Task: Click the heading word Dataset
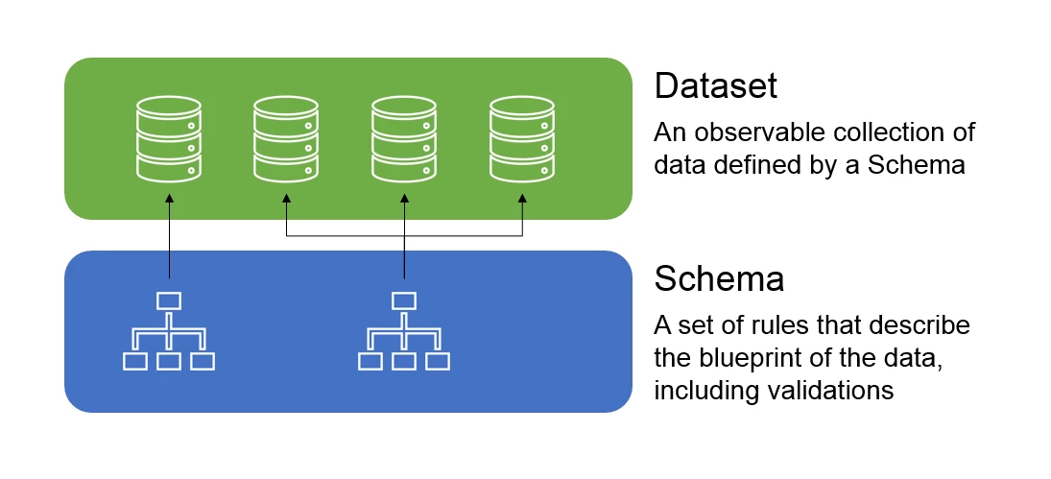tap(715, 86)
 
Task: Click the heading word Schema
tap(719, 279)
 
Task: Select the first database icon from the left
tap(169, 138)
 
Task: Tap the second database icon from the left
tap(286, 138)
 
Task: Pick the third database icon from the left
tap(404, 138)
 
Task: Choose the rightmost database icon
tap(522, 138)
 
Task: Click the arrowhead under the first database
tap(169, 200)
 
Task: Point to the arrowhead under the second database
tap(286, 200)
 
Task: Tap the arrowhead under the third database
tap(404, 200)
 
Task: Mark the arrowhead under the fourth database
tap(522, 200)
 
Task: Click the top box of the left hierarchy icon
tap(169, 300)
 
